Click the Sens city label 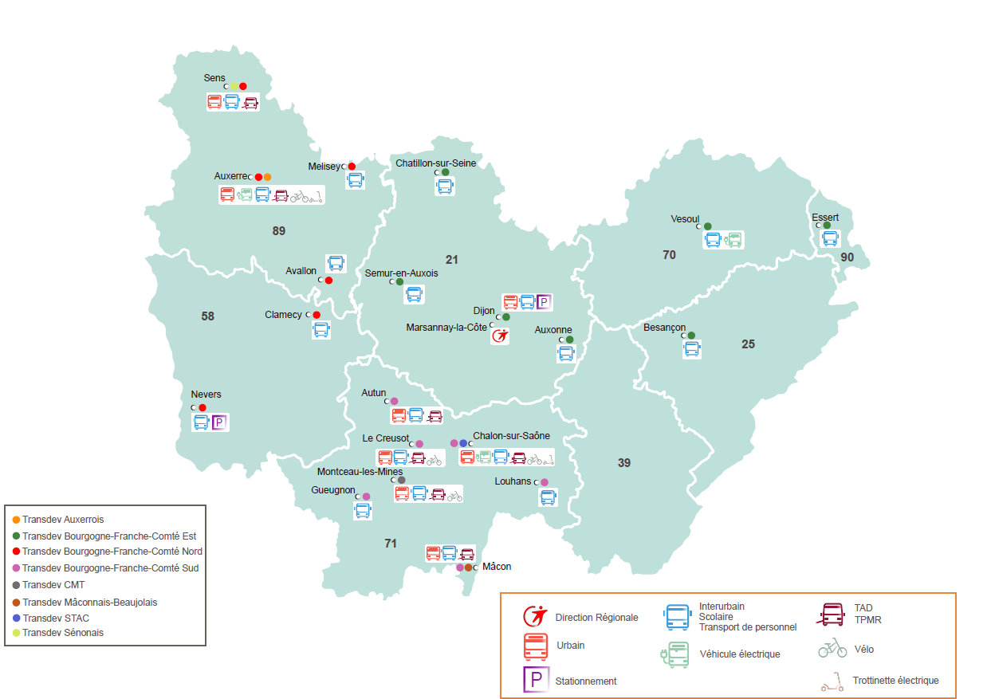tap(214, 77)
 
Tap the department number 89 tap(278, 231)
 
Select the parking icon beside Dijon tap(544, 302)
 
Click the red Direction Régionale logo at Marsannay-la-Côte tap(500, 336)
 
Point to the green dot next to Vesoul tap(707, 226)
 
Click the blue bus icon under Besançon tap(691, 349)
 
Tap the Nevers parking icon tap(219, 422)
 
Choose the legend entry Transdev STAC tap(56, 618)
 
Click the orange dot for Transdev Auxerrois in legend tap(17, 520)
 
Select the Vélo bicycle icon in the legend tap(832, 648)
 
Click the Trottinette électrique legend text tap(895, 681)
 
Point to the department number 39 tap(623, 462)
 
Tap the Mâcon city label tap(497, 567)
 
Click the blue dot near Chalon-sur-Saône tap(463, 443)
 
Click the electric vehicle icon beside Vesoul tap(733, 239)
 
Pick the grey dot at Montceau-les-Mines tap(402, 480)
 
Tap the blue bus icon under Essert tap(830, 238)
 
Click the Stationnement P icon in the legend tap(535, 679)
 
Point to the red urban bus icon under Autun tap(399, 415)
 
